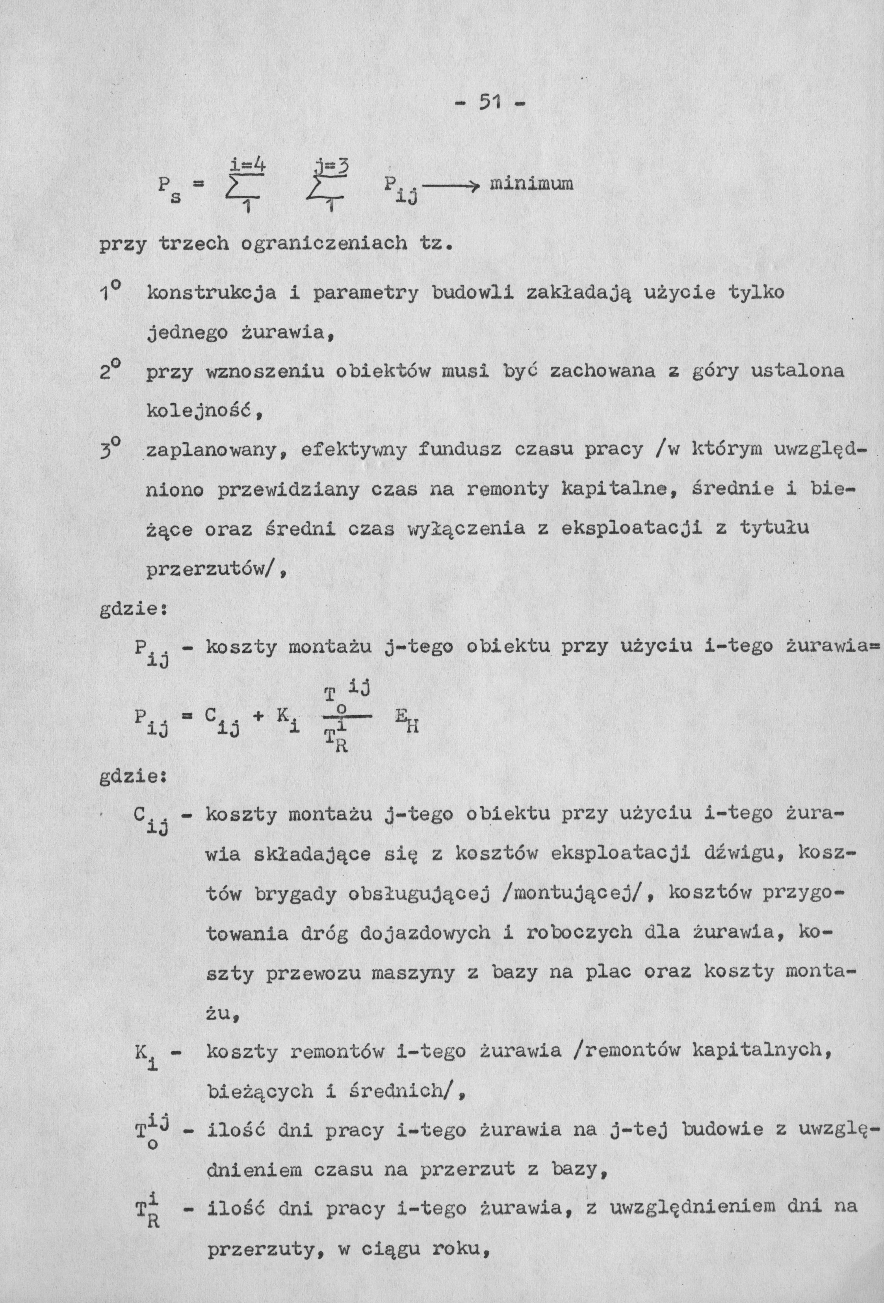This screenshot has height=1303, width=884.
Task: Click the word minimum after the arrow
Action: [531, 184]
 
